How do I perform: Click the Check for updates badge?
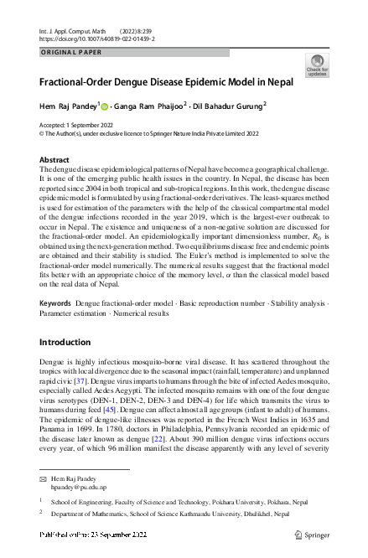point(318,65)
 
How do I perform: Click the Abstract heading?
point(55,159)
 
